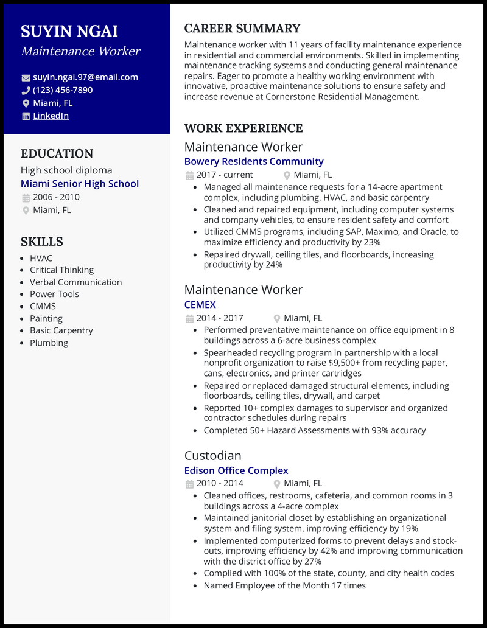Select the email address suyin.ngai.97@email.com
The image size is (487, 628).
click(85, 77)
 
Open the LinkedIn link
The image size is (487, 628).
click(51, 116)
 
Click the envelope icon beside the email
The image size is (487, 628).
click(26, 78)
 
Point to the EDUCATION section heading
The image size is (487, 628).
click(57, 154)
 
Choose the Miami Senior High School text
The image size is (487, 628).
click(80, 184)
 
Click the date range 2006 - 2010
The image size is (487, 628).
click(56, 197)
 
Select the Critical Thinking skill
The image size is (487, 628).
click(61, 270)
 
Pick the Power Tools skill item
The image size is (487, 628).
click(54, 294)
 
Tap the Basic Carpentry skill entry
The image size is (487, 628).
click(61, 330)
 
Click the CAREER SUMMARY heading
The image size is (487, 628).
click(242, 29)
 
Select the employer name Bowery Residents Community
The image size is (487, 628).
click(254, 161)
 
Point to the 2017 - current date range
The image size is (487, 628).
click(225, 175)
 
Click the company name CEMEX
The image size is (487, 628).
click(200, 304)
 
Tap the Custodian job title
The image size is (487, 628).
click(213, 456)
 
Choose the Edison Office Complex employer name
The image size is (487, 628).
click(236, 470)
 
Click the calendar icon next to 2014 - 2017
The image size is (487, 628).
click(189, 318)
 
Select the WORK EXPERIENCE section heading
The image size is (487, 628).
click(243, 128)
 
